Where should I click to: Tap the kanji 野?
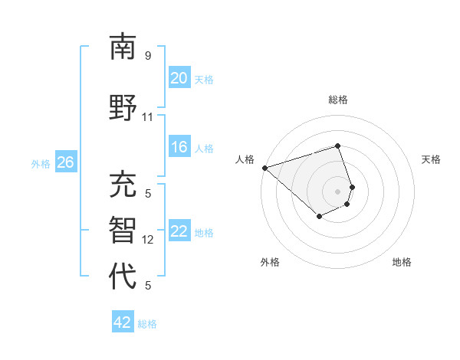click(123, 108)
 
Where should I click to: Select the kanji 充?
click(123, 185)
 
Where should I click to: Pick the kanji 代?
click(123, 276)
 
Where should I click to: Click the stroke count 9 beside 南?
click(147, 55)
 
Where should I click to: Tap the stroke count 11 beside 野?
click(147, 117)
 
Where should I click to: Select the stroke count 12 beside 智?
click(148, 240)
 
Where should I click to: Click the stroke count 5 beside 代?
click(147, 286)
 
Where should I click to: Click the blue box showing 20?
click(179, 78)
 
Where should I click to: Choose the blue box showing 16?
click(179, 147)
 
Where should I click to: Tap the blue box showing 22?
click(179, 231)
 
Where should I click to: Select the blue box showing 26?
click(65, 162)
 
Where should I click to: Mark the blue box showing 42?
click(123, 322)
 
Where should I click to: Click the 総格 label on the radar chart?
click(338, 100)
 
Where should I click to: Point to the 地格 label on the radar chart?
click(402, 262)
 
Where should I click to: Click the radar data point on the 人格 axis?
click(264, 167)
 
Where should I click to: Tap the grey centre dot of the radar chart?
click(338, 191)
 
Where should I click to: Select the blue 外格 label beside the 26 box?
click(40, 163)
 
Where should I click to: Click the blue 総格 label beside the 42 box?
click(147, 324)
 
